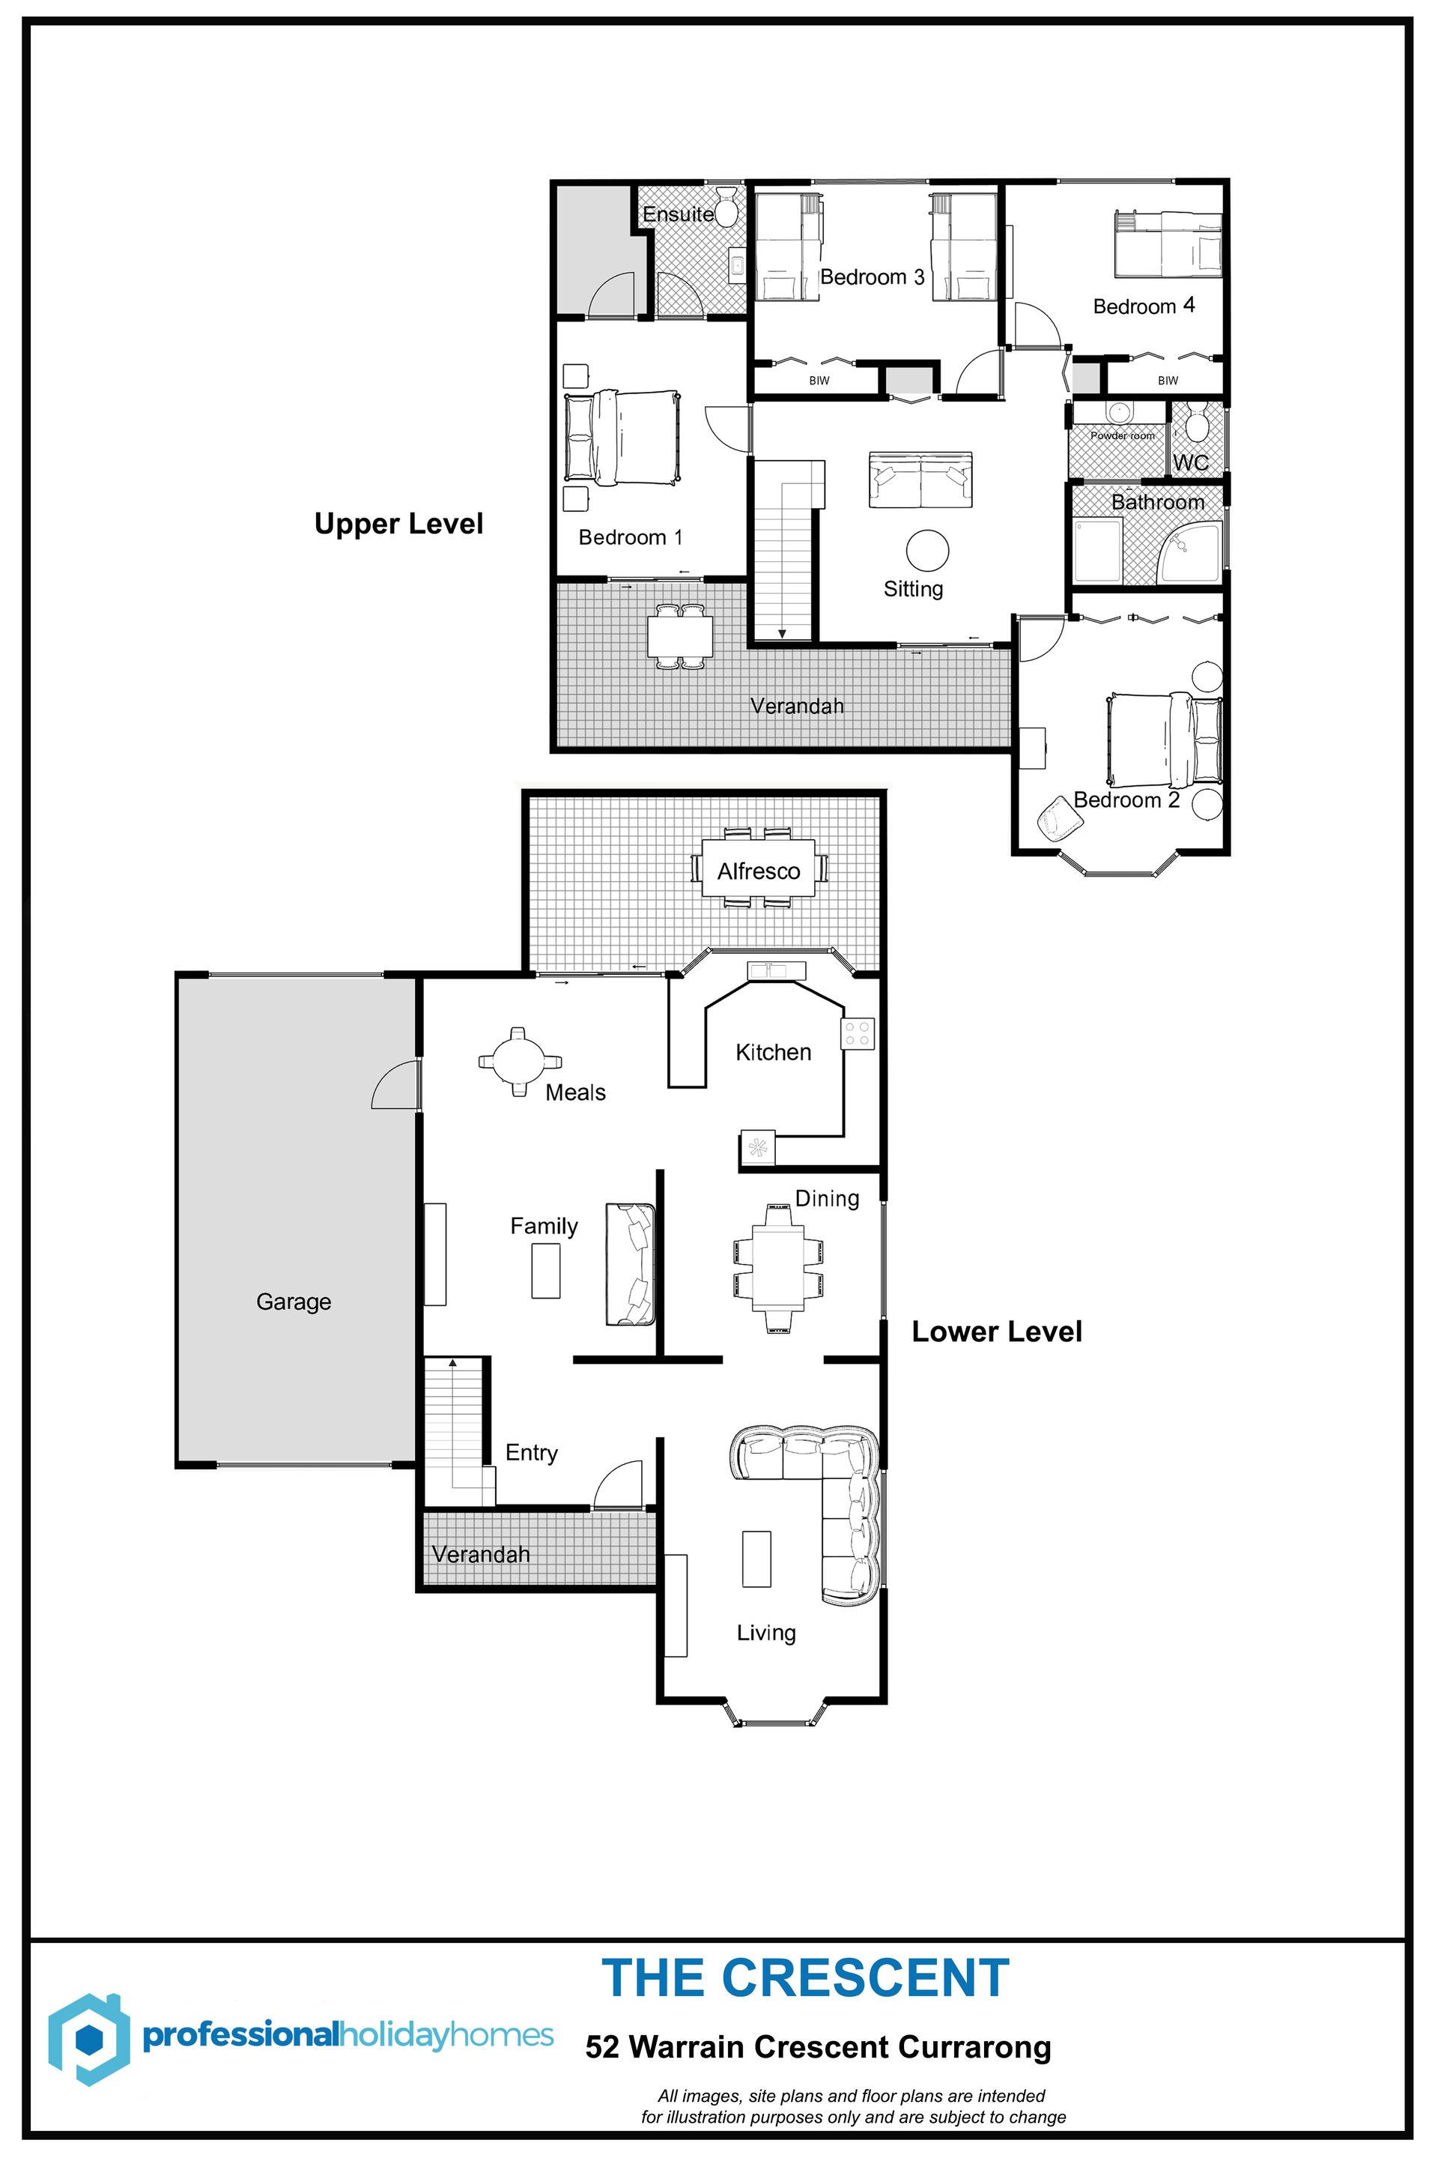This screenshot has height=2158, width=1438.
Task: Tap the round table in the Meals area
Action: pos(519,1062)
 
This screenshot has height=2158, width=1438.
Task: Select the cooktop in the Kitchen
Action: pos(858,1034)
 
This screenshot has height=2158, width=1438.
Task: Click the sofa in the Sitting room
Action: pos(920,479)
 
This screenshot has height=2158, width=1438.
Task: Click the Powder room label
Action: pos(1123,436)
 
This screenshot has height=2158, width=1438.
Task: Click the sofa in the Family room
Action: pos(630,1264)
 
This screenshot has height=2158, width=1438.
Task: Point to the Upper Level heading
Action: pos(399,524)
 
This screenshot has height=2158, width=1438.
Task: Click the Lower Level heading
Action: pos(997,1332)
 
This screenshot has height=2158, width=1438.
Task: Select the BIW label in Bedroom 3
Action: pos(819,380)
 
